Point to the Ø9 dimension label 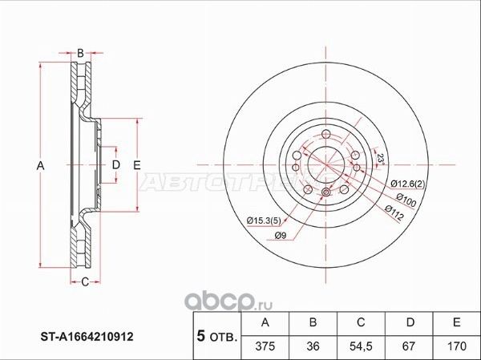(280, 235)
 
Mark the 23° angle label (382, 159)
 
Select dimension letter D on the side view (115, 165)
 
